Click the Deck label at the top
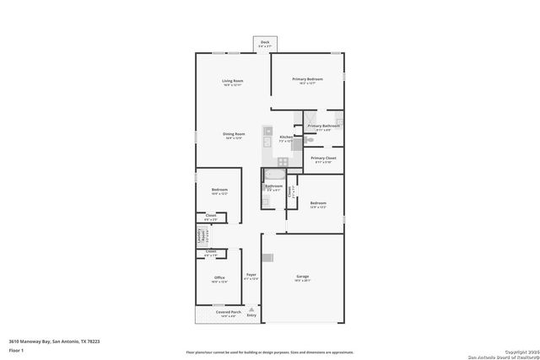[265, 41]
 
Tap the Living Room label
[233, 81]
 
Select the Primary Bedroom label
[308, 80]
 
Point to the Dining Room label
[234, 134]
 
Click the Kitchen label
[286, 137]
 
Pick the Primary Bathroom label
[326, 126]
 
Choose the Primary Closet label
[324, 158]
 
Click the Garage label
[302, 276]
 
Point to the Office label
[219, 277]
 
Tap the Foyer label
[251, 275]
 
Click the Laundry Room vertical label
[201, 236]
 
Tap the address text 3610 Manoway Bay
[55, 341]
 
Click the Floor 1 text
[16, 349]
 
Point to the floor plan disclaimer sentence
[270, 352]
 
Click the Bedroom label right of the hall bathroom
[317, 203]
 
